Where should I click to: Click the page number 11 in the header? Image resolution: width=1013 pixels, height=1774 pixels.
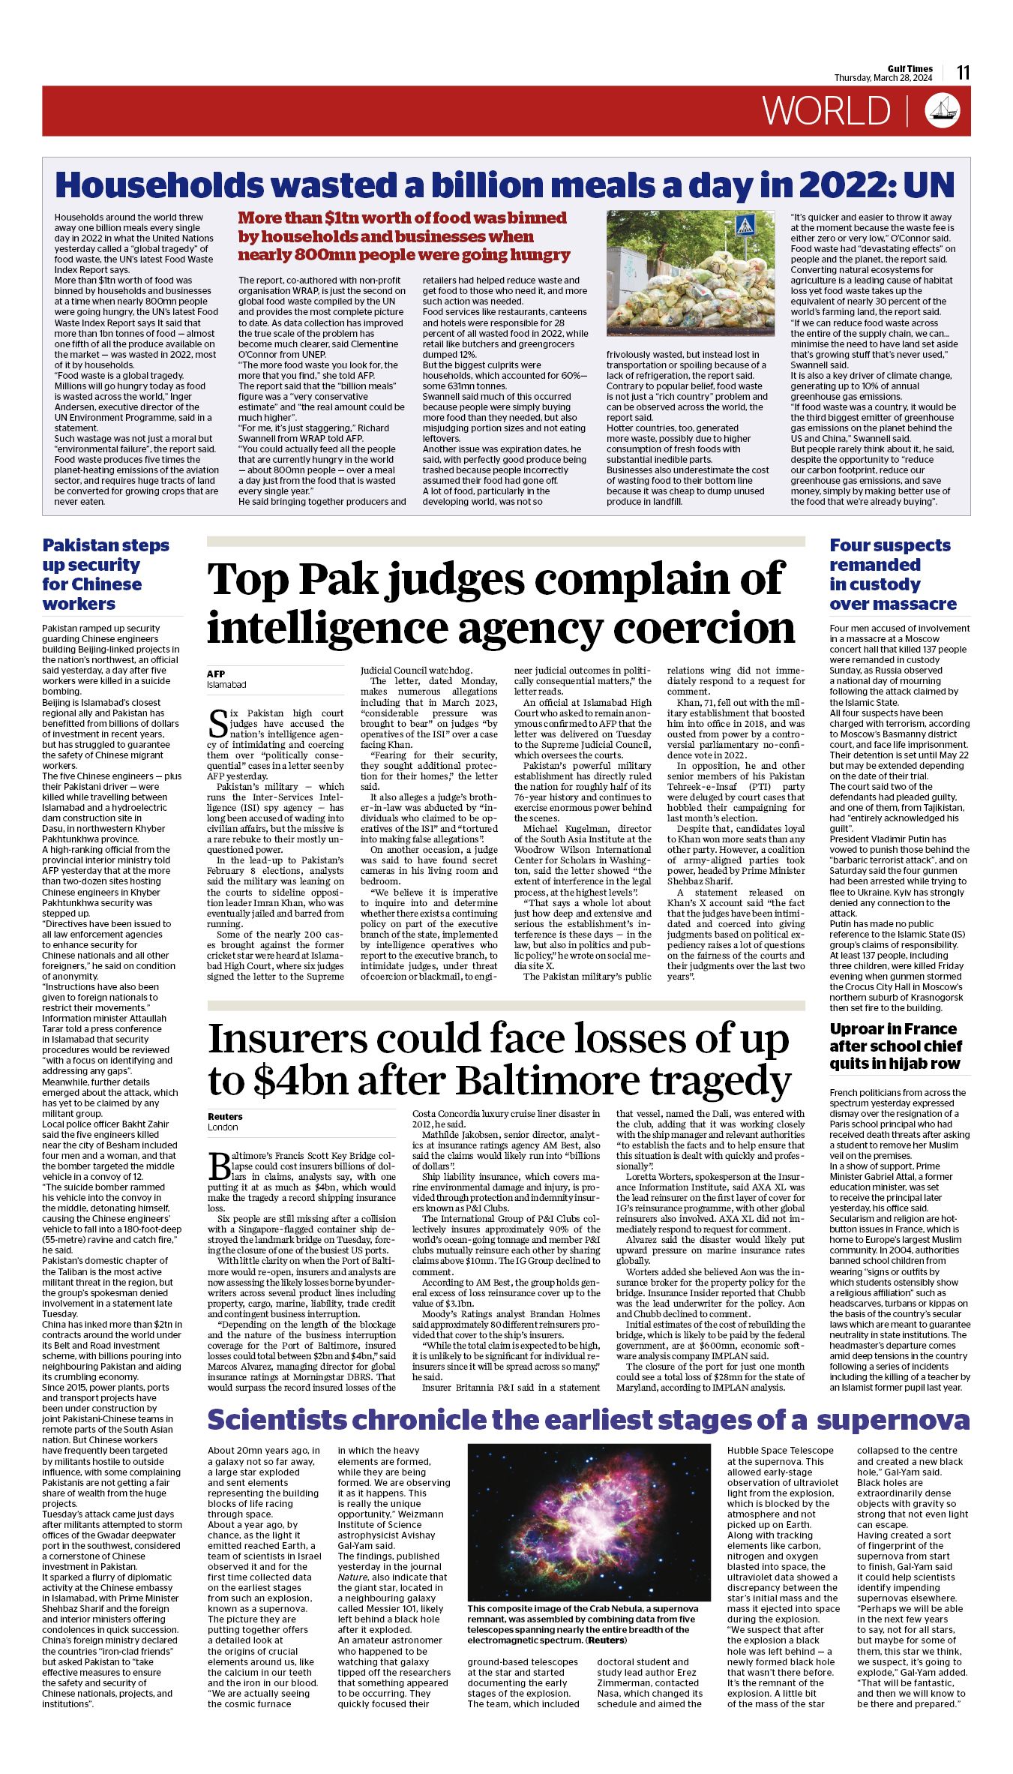pos(963,72)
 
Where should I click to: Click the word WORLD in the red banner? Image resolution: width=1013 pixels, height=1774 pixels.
pos(826,111)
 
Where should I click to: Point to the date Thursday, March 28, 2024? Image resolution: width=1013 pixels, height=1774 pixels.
pos(883,78)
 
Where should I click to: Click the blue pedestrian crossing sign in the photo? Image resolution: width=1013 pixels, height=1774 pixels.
pos(744,225)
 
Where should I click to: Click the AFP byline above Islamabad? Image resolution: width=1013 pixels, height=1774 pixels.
pos(216,674)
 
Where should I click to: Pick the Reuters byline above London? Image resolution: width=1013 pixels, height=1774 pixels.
pos(225,1116)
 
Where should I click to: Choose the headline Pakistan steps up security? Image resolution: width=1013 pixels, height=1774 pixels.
pos(105,574)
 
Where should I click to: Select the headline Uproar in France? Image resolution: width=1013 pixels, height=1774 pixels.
pos(894,1046)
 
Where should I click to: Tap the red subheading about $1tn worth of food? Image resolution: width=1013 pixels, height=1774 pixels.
pos(403,236)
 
